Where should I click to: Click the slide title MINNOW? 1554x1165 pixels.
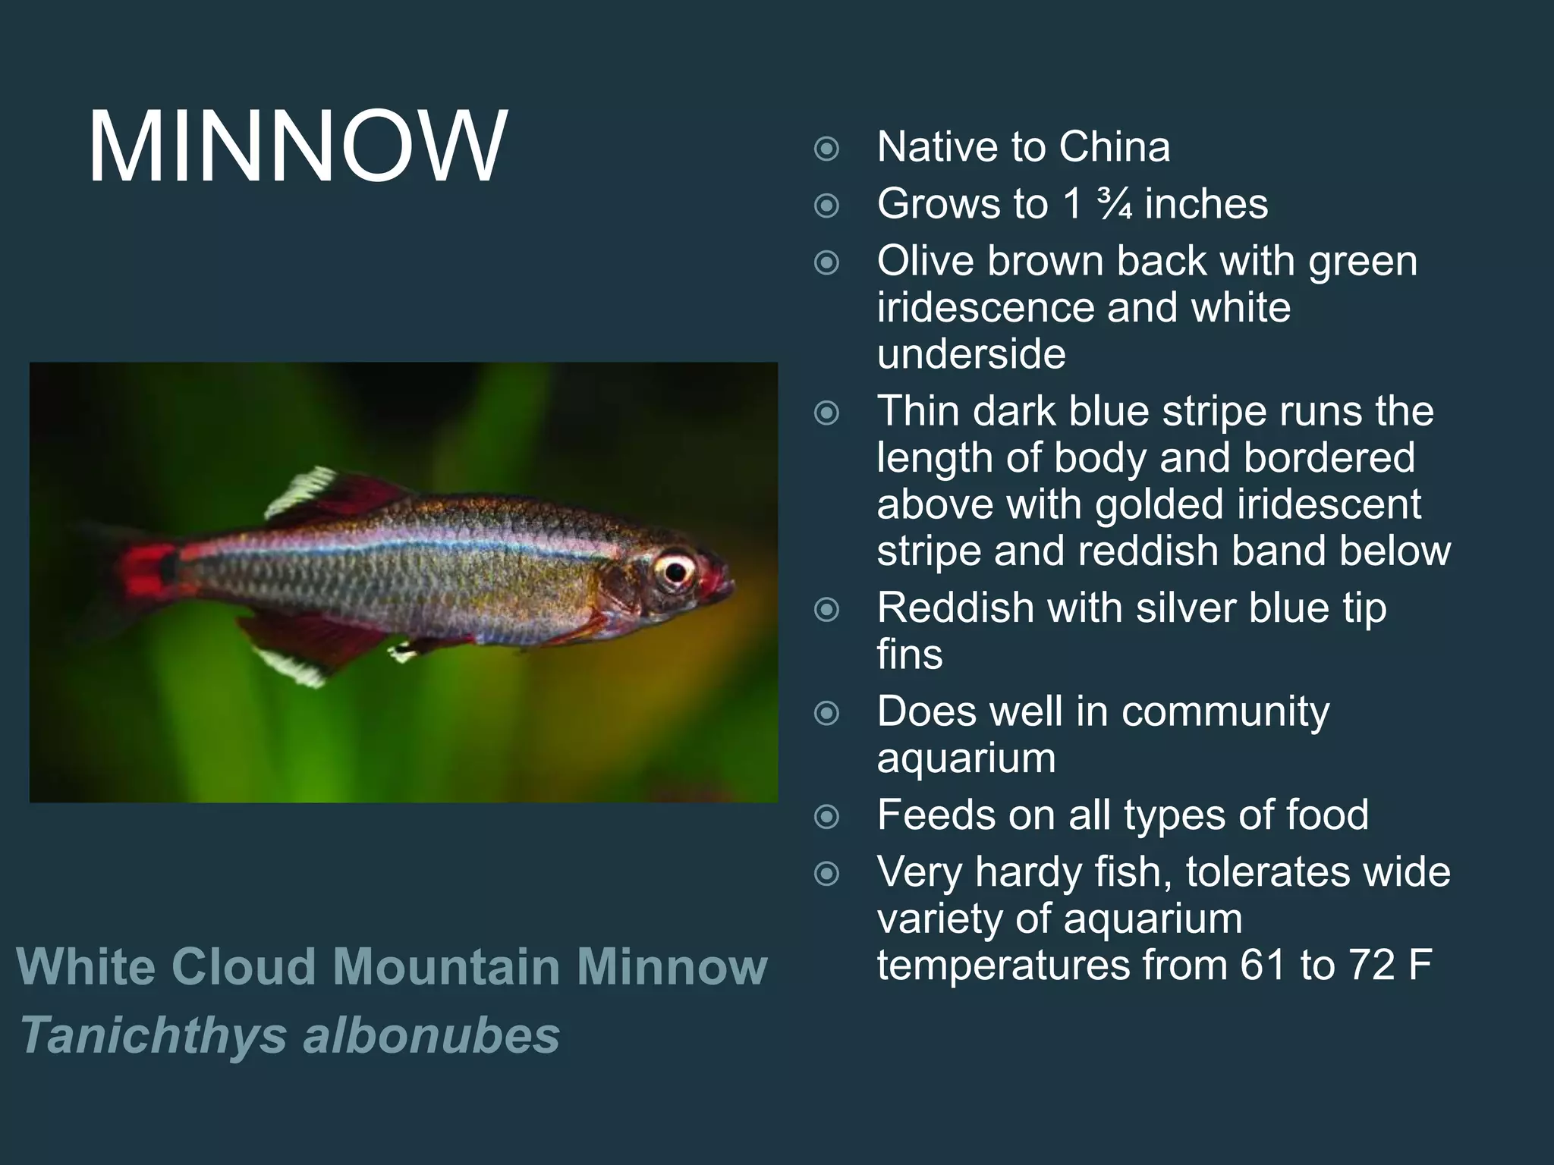tap(297, 146)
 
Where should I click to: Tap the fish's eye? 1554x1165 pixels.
tap(674, 569)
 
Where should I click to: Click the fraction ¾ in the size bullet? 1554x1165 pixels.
tap(1114, 204)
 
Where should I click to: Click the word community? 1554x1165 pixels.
tap(1225, 711)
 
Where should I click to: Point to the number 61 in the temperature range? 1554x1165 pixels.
tap(1265, 965)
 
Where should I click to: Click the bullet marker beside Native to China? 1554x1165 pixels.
tap(826, 148)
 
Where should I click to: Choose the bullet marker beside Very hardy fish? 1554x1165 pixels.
tap(826, 874)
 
